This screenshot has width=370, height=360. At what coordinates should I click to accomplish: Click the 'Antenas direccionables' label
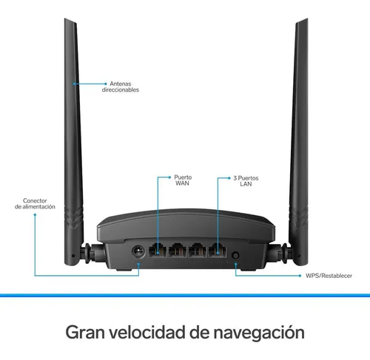click(121, 86)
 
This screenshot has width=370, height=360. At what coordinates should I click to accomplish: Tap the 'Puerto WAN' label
click(183, 180)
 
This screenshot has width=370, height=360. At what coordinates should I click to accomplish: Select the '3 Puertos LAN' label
click(246, 181)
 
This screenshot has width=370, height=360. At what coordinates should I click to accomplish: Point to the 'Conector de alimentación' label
click(35, 203)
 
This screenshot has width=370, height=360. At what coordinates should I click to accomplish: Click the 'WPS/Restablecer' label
click(329, 276)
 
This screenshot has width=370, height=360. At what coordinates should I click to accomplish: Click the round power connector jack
click(138, 251)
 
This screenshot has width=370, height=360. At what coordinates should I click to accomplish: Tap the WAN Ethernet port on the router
click(158, 250)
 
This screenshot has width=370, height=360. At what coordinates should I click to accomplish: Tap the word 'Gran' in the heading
click(85, 333)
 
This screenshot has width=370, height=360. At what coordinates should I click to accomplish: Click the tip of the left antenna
click(65, 18)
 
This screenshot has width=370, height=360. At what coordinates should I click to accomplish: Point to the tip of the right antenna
click(307, 18)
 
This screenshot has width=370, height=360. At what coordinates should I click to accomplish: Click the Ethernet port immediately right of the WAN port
click(178, 250)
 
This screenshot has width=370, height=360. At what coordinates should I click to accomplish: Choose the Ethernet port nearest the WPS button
click(218, 250)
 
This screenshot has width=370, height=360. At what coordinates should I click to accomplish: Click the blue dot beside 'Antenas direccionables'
click(106, 84)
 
